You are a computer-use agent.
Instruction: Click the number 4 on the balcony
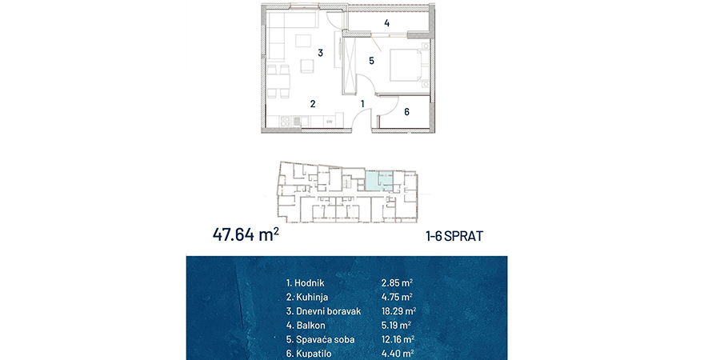point(386,23)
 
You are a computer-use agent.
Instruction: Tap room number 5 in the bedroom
point(371,61)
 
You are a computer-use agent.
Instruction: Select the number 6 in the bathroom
point(406,112)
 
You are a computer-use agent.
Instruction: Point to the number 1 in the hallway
point(362,104)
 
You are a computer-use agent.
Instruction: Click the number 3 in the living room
point(320,53)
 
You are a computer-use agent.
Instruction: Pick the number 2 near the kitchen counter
point(313,104)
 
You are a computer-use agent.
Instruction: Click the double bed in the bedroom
point(409,65)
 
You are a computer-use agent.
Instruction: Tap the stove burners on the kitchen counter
point(285,121)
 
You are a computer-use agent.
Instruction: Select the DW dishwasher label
point(329,121)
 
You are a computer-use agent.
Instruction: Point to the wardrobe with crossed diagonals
point(349,66)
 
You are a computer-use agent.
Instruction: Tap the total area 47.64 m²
point(246,234)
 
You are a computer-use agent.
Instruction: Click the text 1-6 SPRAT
point(454,236)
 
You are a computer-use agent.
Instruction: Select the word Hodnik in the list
point(310,283)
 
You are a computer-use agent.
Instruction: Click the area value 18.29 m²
point(398,311)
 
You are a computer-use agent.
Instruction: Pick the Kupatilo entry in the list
point(310,354)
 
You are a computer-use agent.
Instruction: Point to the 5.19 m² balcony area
point(397,325)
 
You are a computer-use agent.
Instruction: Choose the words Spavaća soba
point(326,339)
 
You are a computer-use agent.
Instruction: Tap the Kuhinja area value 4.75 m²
point(397,297)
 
